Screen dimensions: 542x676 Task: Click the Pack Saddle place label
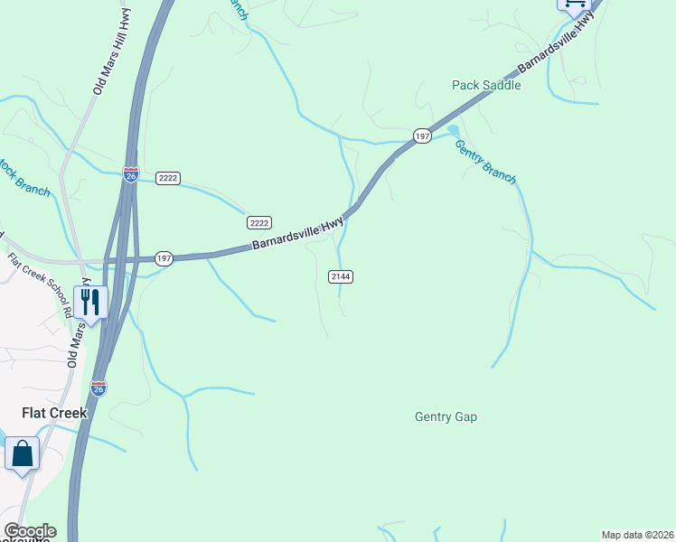pos(486,85)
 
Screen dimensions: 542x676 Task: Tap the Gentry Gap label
pos(446,416)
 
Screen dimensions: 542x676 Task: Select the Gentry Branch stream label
pos(485,161)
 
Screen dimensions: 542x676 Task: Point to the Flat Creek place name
pos(54,413)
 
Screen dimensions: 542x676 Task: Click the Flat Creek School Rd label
pos(41,285)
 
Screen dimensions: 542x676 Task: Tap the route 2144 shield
pos(340,276)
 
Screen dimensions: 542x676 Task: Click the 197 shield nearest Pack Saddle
pos(422,135)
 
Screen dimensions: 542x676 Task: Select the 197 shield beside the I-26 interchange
pos(164,258)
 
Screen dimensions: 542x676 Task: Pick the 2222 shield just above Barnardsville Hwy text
pos(259,222)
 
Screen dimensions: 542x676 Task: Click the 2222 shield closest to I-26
pos(167,178)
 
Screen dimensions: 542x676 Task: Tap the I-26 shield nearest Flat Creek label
pos(99,388)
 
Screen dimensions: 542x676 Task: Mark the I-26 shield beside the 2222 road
pos(131,173)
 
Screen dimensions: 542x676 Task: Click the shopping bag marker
pos(23,453)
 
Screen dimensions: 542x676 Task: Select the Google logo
pos(29,531)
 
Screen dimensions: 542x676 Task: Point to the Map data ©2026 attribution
pos(637,535)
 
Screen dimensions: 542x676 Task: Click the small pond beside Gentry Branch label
pos(453,129)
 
